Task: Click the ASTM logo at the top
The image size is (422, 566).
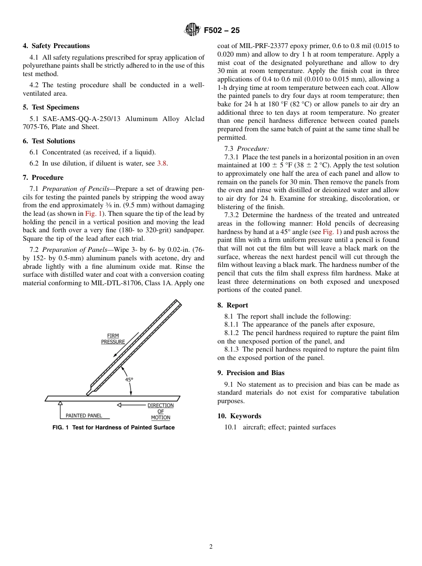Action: coord(192,30)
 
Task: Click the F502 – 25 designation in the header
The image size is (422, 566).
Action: coord(222,30)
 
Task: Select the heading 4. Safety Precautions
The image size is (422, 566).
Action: coord(56,46)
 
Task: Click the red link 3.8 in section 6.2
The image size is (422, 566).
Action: coord(162,163)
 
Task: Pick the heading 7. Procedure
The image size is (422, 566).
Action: coord(43,178)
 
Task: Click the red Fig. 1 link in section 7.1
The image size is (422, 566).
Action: coord(94,214)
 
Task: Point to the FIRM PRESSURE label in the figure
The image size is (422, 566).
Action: coord(113,339)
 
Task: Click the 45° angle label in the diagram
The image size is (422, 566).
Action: coord(129,380)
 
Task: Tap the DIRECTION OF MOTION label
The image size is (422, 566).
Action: coord(160,412)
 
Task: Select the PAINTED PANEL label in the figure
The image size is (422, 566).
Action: coord(84,416)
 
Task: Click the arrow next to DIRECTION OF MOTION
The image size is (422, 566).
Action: coord(131,405)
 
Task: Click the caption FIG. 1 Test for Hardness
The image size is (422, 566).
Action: coord(113,428)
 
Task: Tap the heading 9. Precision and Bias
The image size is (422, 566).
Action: coord(251,373)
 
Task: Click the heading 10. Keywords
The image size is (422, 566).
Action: coord(239,416)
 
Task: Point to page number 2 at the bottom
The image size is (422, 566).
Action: coord(211,547)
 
